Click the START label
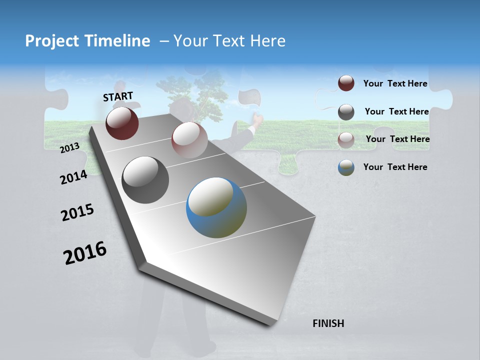(x=118, y=96)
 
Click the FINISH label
(x=328, y=323)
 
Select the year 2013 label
(x=70, y=147)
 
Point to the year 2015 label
(x=77, y=212)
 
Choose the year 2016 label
(x=85, y=252)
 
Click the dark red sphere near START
(x=122, y=123)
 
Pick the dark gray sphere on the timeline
(x=145, y=180)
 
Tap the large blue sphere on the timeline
(x=216, y=207)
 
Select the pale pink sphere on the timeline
(x=189, y=139)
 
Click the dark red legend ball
(x=346, y=83)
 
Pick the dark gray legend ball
(x=346, y=112)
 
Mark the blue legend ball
(x=346, y=167)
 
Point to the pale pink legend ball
(x=346, y=139)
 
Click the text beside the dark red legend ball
(x=395, y=83)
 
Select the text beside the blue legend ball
(x=395, y=167)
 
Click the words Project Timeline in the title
(x=87, y=41)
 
